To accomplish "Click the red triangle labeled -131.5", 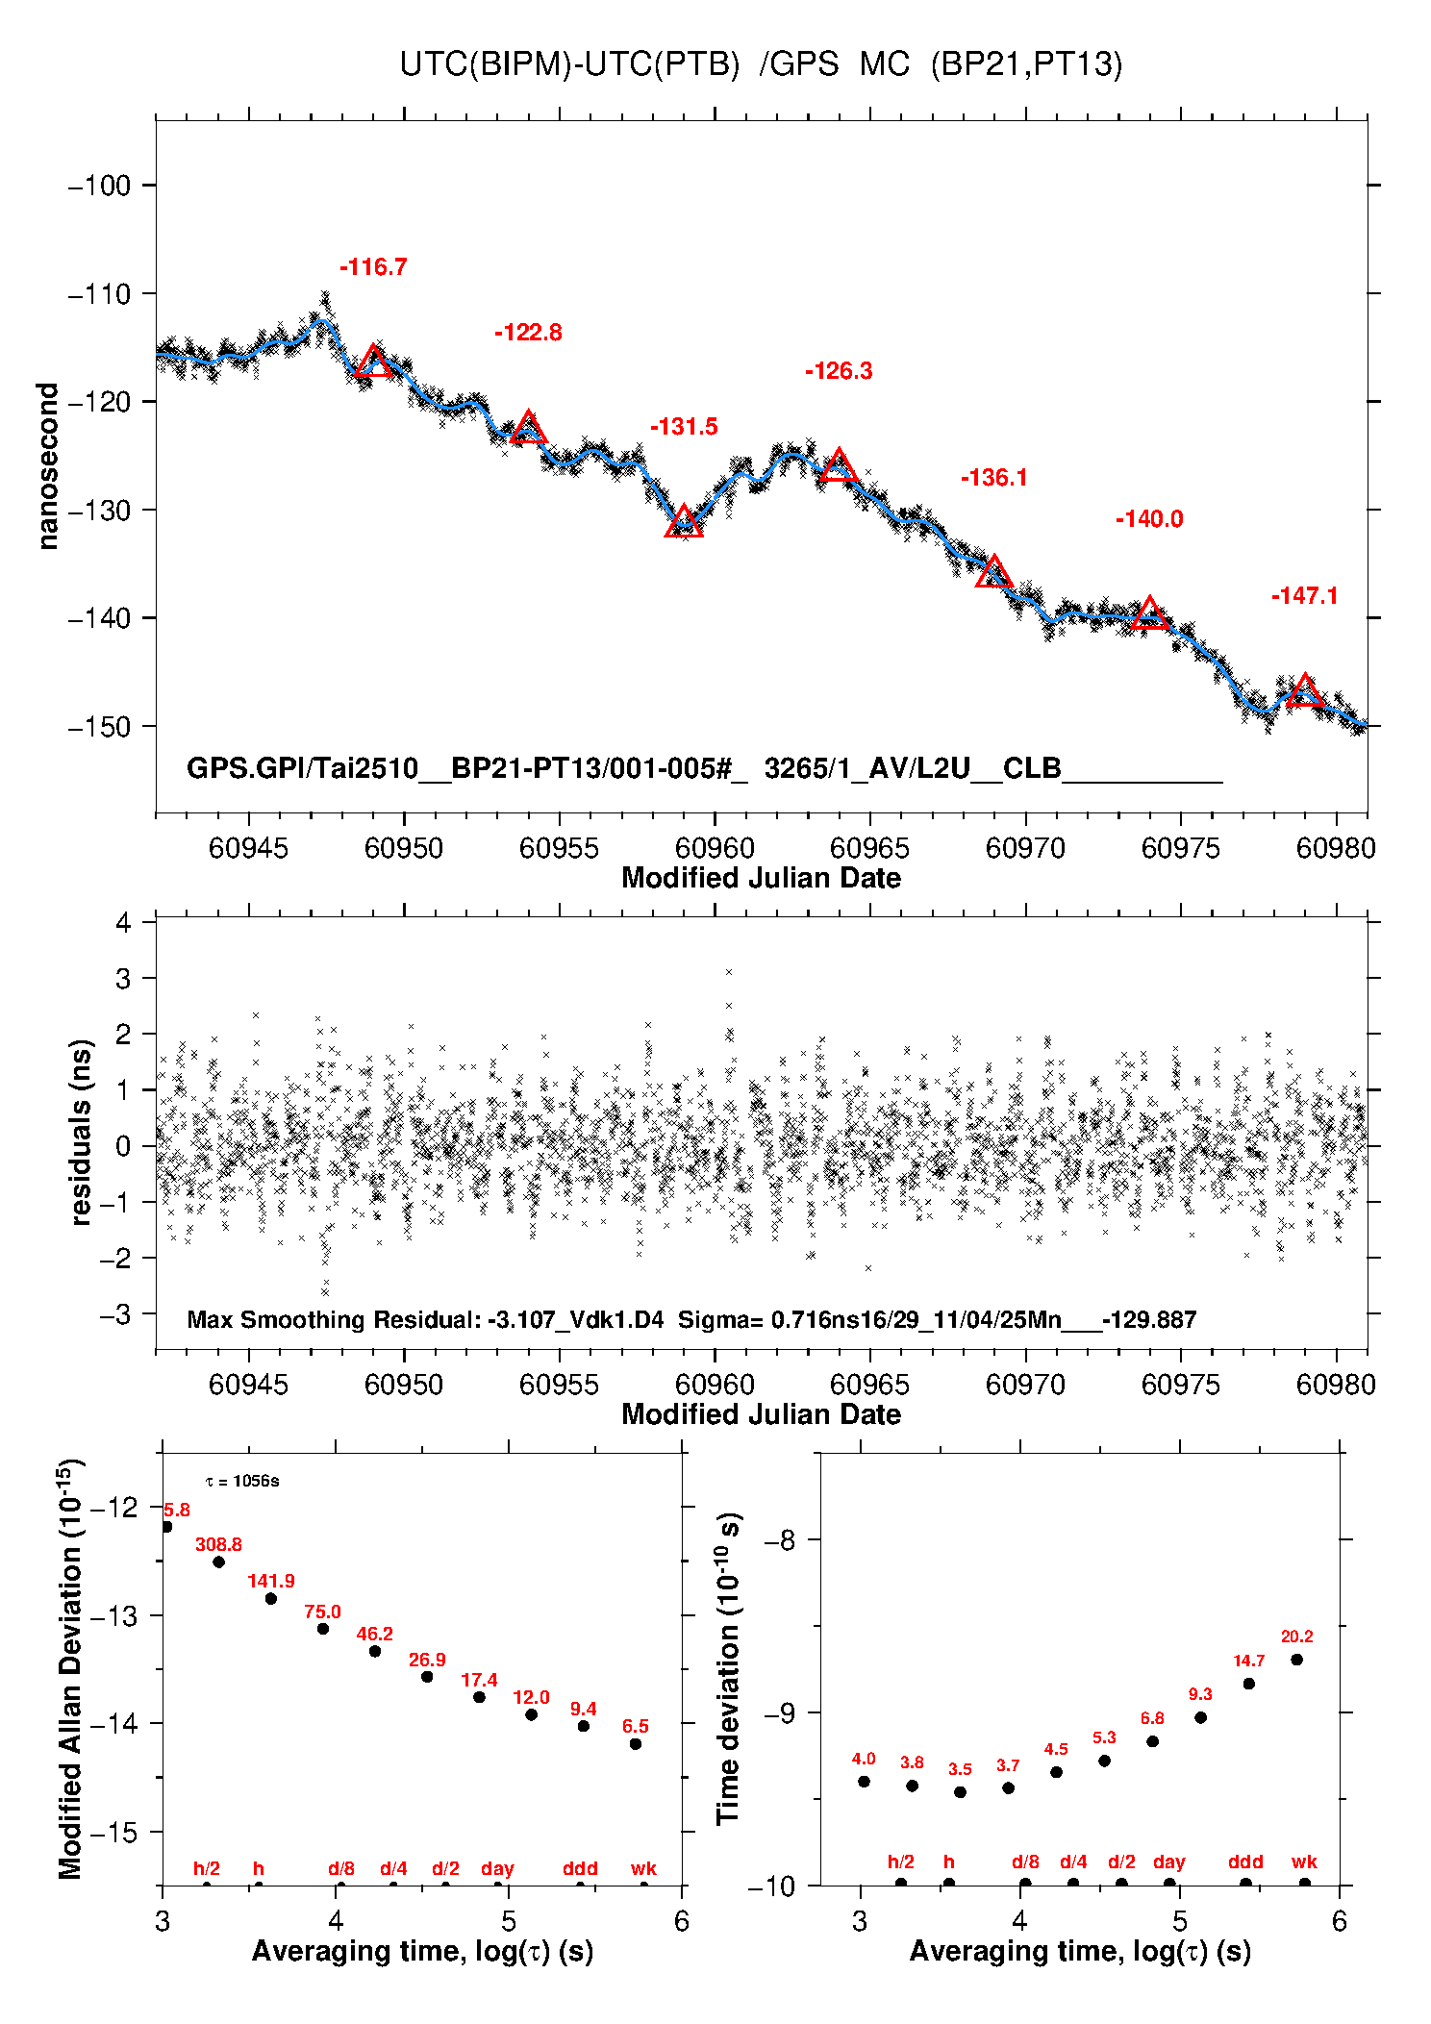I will click(684, 522).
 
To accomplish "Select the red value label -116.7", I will click(373, 267).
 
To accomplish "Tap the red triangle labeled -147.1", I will click(1304, 691).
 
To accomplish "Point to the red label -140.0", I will click(1149, 519).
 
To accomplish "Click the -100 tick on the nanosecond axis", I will click(99, 186).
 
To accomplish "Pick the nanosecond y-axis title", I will click(48, 466).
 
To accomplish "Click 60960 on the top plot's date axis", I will click(715, 848).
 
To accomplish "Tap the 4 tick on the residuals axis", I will click(123, 923).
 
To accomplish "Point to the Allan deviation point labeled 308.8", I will click(219, 1562).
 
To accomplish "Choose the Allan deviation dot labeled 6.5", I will click(636, 1743).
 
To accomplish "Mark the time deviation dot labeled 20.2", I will click(1296, 1660).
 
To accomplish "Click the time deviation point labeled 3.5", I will click(960, 1792).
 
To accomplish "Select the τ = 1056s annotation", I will click(242, 1481).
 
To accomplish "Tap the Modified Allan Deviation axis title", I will click(69, 1668).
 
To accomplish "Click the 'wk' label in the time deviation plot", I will click(1304, 1862).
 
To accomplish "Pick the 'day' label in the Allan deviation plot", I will click(497, 1868).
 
